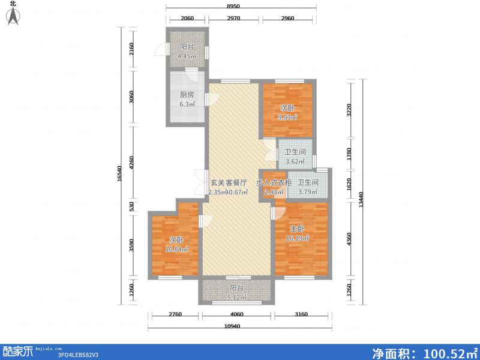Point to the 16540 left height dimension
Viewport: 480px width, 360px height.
point(120,175)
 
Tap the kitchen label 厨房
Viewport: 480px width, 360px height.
point(187,94)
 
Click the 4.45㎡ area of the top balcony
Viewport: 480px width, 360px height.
point(187,57)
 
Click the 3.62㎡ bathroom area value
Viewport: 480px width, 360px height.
point(295,161)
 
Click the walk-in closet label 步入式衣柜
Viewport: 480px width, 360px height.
point(274,182)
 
